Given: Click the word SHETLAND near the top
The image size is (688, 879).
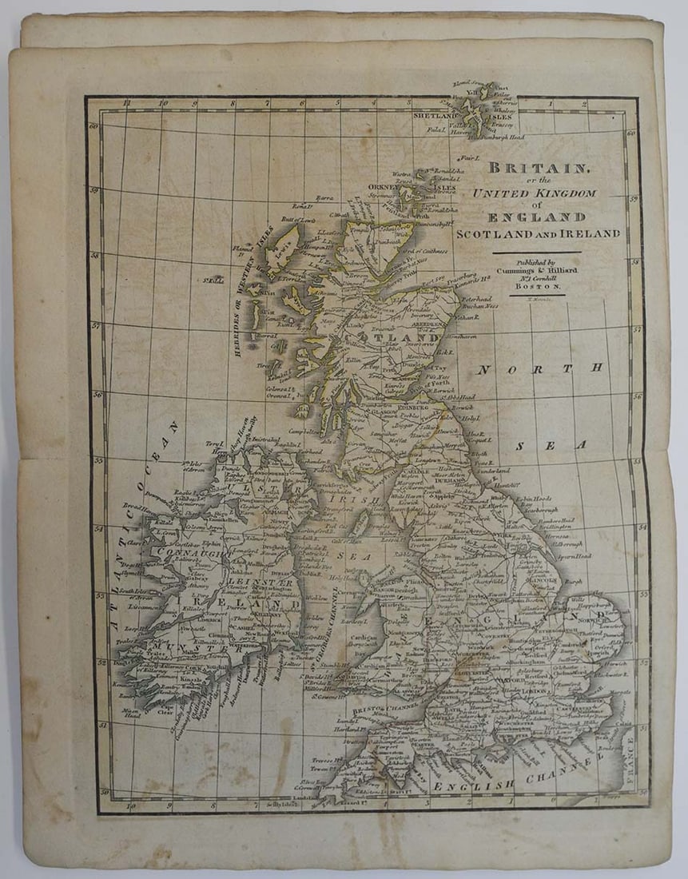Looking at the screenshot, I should tap(434, 117).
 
